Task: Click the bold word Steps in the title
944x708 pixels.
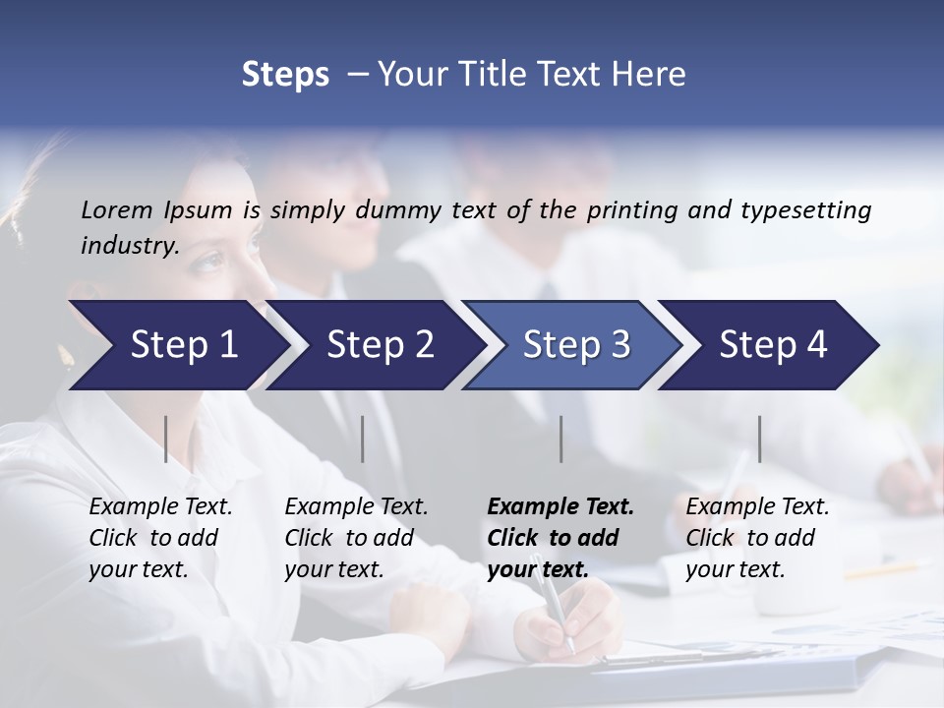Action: (x=285, y=75)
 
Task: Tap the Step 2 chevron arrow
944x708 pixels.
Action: (x=374, y=345)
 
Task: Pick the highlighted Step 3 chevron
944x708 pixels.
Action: (x=570, y=345)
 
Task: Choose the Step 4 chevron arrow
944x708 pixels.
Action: (x=767, y=345)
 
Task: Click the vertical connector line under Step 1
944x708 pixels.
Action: (x=166, y=439)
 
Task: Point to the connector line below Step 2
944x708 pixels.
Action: (x=363, y=439)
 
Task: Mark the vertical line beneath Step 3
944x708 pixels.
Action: (x=560, y=439)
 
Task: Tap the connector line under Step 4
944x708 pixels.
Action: (x=759, y=439)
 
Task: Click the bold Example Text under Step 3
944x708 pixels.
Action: (x=560, y=507)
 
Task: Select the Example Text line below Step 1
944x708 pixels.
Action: (x=160, y=507)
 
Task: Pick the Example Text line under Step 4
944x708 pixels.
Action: (x=757, y=507)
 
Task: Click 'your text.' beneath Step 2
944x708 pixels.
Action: (x=333, y=569)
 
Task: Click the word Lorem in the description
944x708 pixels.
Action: (x=117, y=210)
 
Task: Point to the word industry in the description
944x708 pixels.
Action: (x=129, y=246)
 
